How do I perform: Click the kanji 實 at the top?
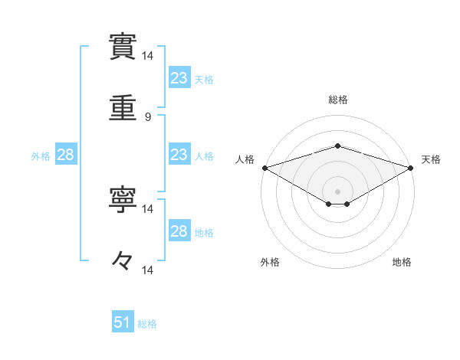tap(123, 45)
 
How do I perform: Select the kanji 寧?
tap(123, 198)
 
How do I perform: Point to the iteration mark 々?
tap(123, 260)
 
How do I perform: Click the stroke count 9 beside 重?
tap(148, 117)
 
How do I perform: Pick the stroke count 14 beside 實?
tap(148, 56)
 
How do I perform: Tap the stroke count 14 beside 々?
tap(148, 270)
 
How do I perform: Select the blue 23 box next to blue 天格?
tap(179, 77)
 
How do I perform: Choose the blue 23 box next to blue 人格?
tap(179, 155)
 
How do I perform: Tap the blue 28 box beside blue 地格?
tap(179, 231)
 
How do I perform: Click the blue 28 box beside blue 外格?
tap(65, 155)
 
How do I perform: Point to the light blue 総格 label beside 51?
tap(147, 324)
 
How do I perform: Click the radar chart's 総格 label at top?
tap(337, 100)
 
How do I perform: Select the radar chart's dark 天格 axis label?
tap(432, 159)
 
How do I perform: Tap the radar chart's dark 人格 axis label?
tap(245, 159)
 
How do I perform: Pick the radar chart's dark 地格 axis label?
tap(402, 263)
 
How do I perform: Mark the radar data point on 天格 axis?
tap(411, 167)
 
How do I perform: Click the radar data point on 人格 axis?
tap(264, 167)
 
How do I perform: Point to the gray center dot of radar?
tap(337, 191)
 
